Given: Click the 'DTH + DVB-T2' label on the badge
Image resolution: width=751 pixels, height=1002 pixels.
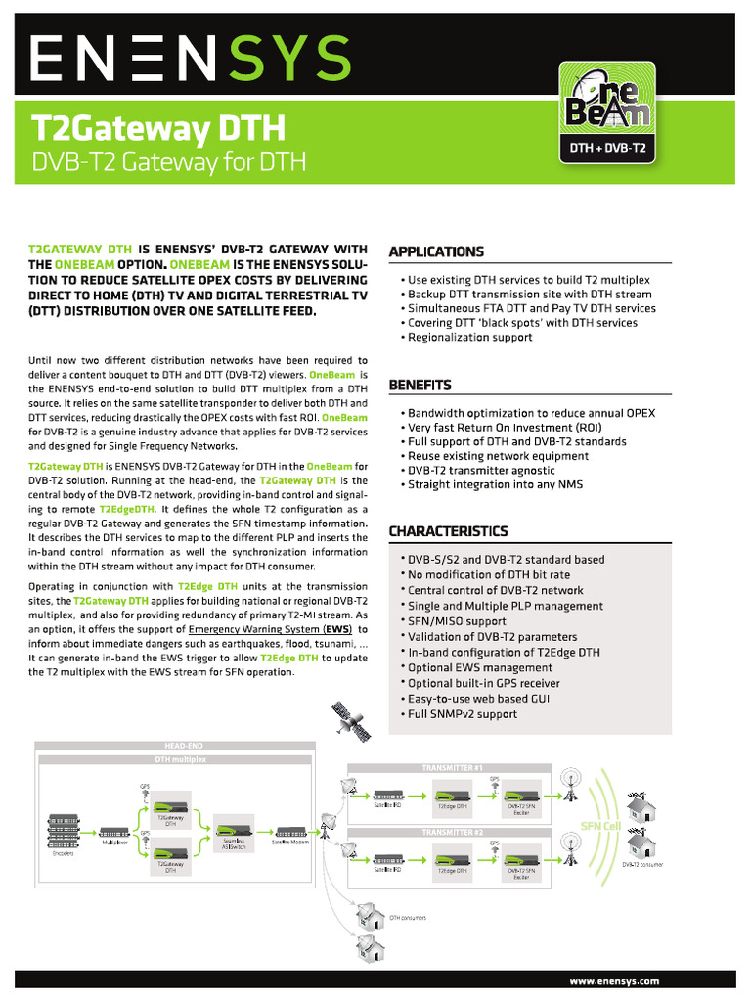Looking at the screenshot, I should (x=606, y=149).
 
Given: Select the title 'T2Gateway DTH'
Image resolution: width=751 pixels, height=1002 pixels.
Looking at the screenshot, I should (x=158, y=129).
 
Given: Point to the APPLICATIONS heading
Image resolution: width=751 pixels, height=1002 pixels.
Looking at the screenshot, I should (x=436, y=251).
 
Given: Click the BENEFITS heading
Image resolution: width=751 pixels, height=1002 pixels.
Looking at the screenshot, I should (x=420, y=385).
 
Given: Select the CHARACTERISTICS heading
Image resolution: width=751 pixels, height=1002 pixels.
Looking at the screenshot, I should (x=448, y=531).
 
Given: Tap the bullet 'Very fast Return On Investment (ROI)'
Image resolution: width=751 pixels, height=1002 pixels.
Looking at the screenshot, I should (x=505, y=428).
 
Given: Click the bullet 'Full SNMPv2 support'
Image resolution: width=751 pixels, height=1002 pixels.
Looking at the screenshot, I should (x=463, y=714).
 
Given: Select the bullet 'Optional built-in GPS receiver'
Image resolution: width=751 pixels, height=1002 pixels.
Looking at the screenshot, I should (x=484, y=683).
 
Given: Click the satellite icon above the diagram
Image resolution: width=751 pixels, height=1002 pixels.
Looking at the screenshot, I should (x=350, y=720).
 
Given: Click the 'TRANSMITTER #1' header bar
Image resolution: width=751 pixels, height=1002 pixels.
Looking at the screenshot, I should (x=453, y=768).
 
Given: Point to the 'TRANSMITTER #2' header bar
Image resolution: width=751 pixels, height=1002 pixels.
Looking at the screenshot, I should (x=453, y=832).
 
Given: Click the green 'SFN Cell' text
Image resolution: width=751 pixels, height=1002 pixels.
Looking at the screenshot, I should (x=600, y=826).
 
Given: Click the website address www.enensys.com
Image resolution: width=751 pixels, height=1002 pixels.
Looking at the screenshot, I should (x=614, y=980).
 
